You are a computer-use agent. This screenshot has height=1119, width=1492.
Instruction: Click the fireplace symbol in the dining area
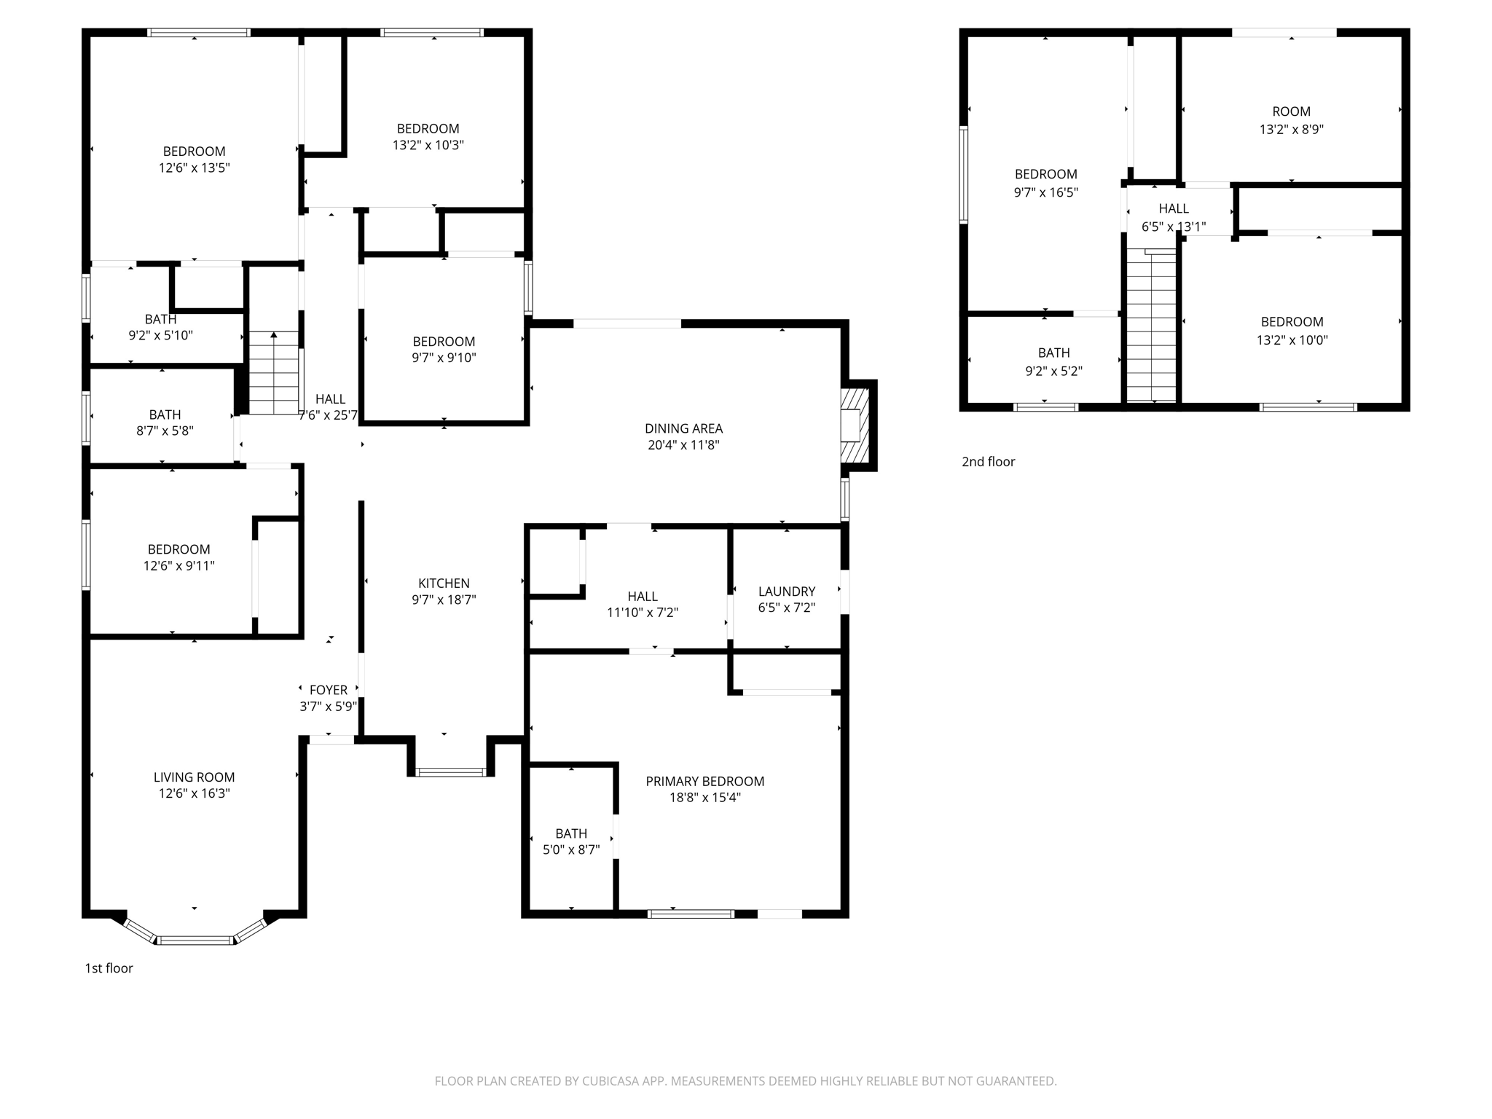click(855, 425)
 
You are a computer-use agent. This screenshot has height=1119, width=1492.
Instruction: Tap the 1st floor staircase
click(274, 373)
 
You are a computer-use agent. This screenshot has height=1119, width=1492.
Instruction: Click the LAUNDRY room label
click(786, 592)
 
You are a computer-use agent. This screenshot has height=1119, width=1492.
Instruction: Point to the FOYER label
click(329, 690)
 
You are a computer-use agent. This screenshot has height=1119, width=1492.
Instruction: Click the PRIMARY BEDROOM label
click(704, 781)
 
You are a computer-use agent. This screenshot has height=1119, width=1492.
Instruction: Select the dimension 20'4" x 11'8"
click(683, 445)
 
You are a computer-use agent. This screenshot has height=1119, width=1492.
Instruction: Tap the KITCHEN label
click(444, 584)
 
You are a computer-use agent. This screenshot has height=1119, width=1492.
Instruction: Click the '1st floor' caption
click(109, 968)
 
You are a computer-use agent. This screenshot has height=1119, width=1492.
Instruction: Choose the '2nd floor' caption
click(988, 462)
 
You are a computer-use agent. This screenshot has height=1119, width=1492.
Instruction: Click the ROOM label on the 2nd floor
click(1291, 111)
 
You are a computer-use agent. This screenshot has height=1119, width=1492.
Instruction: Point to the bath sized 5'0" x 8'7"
click(571, 841)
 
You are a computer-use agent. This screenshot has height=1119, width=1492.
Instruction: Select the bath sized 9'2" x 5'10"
click(160, 327)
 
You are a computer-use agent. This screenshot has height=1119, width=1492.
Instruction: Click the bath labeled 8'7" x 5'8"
click(165, 423)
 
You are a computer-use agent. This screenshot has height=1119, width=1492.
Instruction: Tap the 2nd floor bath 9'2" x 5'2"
click(1053, 361)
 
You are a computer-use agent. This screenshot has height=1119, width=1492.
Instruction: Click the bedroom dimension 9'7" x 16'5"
click(1045, 192)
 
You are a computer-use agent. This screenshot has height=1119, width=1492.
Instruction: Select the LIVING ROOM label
click(194, 777)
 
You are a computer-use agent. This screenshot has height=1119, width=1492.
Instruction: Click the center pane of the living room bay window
click(195, 941)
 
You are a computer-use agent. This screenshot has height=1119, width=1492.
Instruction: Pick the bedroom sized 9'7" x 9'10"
click(444, 350)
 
